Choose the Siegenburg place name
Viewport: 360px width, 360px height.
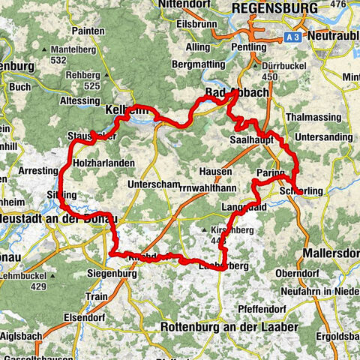[x=112, y=274]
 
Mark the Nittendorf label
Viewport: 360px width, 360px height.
[x=180, y=8]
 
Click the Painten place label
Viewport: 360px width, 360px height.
[x=88, y=32]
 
